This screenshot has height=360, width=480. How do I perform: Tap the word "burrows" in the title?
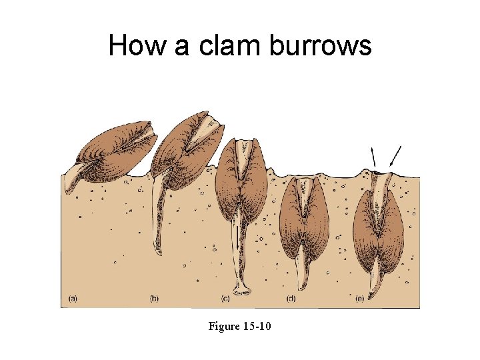(320, 45)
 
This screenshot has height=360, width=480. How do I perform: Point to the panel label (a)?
(72, 298)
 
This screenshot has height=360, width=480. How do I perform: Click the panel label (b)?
(155, 298)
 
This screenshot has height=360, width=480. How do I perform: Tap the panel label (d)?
(291, 298)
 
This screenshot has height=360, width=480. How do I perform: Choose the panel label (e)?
(361, 298)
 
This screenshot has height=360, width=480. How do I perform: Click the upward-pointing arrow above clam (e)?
(373, 158)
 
